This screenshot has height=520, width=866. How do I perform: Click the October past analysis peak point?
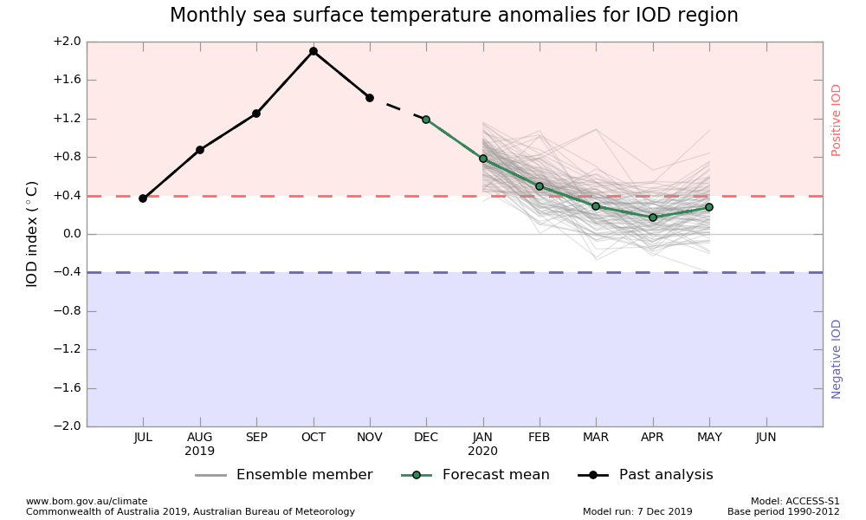pyautogui.click(x=313, y=51)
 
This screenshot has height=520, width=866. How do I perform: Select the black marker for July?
pyautogui.click(x=143, y=198)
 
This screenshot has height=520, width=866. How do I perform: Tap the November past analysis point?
pyautogui.click(x=370, y=98)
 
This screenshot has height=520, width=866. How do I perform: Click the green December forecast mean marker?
pyautogui.click(x=426, y=120)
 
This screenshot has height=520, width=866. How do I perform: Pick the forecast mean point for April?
pyautogui.click(x=653, y=218)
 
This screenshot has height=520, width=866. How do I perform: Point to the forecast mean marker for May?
pyautogui.click(x=709, y=207)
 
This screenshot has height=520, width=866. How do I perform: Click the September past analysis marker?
pyautogui.click(x=256, y=114)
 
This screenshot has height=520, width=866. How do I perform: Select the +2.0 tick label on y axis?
pyautogui.click(x=67, y=42)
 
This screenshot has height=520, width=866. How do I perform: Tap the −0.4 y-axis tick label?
pyautogui.click(x=67, y=272)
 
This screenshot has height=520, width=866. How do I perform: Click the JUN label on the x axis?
pyautogui.click(x=766, y=438)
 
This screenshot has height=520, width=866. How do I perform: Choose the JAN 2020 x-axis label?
pyautogui.click(x=482, y=444)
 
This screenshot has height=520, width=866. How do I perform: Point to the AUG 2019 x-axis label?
pyautogui.click(x=200, y=444)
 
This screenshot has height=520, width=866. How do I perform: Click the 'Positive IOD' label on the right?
pyautogui.click(x=837, y=120)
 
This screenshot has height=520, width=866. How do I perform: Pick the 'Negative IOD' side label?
pyautogui.click(x=837, y=359)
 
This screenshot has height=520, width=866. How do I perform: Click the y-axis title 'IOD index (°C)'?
pyautogui.click(x=32, y=234)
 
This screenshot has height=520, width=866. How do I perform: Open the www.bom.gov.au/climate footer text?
pyautogui.click(x=87, y=501)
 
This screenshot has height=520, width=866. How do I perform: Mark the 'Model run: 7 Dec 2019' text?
pyautogui.click(x=637, y=511)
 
